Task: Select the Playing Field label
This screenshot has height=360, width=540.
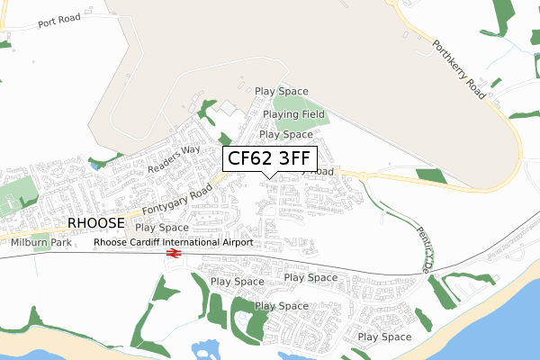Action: pos(293,115)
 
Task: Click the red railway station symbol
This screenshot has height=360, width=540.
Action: pos(174,255)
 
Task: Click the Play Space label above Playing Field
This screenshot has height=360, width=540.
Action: pos(281,91)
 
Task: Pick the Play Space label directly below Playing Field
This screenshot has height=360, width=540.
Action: pos(285,134)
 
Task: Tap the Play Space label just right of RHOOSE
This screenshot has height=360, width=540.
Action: pos(162,228)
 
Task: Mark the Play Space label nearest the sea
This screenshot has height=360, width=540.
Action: pos(384,337)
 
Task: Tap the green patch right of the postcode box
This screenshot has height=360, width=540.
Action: pos(431,175)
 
